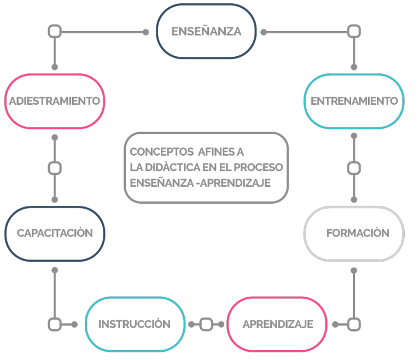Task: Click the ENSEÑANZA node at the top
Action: [206, 31]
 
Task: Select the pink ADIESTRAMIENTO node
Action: [55, 101]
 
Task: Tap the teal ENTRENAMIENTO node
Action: [354, 101]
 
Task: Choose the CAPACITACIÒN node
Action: [55, 233]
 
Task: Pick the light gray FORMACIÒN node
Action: [354, 233]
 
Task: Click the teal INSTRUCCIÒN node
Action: [135, 324]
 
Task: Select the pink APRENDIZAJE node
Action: [277, 324]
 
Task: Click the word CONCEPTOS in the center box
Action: [161, 152]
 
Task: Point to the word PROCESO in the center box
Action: [258, 167]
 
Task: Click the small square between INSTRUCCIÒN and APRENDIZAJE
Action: [206, 324]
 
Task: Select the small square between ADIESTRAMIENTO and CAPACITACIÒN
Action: [55, 168]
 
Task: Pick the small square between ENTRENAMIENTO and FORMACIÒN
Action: [354, 168]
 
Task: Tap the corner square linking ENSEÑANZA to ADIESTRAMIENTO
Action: [55, 31]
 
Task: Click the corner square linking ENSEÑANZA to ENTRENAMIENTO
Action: [354, 31]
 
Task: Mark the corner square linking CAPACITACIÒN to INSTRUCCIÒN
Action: [55, 324]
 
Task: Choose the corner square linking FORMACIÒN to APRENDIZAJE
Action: [354, 324]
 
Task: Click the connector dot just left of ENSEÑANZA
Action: [145, 32]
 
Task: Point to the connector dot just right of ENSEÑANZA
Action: [264, 32]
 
